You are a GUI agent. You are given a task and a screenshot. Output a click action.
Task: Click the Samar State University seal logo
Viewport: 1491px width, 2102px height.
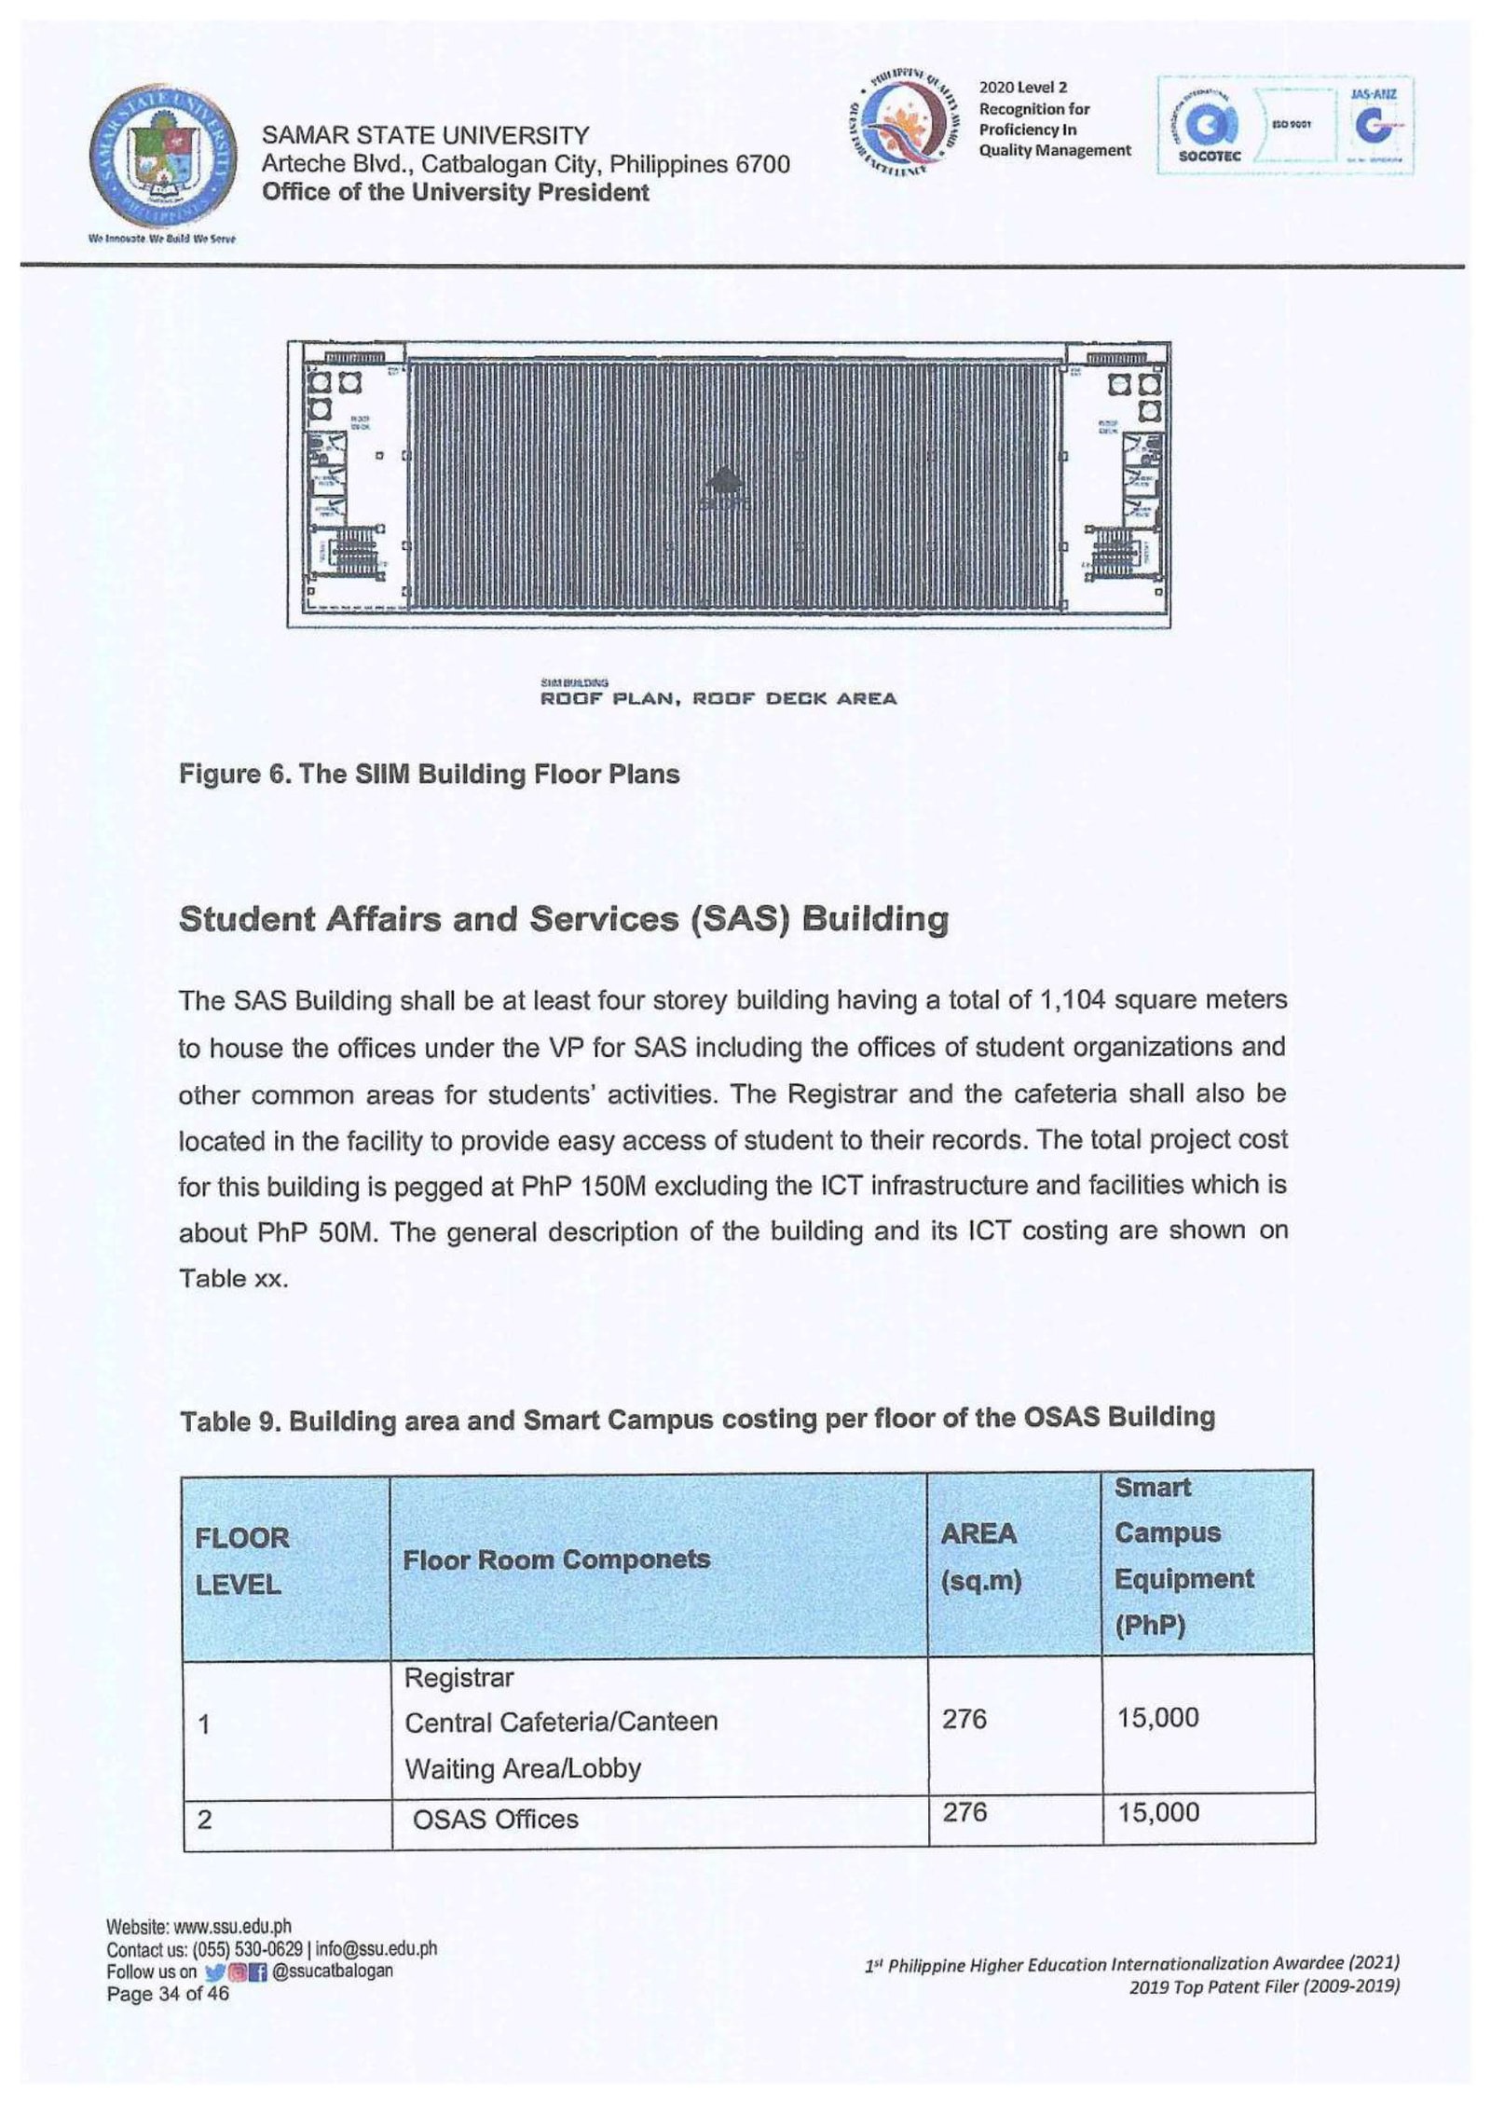pyautogui.click(x=163, y=154)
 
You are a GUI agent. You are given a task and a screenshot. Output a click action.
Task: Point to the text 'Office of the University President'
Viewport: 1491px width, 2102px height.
pyautogui.click(x=455, y=193)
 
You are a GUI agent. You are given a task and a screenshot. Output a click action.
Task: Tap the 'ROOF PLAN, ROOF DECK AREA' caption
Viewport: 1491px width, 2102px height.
pyautogui.click(x=718, y=698)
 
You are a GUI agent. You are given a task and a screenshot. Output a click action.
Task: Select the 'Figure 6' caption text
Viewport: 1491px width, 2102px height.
pyautogui.click(x=429, y=775)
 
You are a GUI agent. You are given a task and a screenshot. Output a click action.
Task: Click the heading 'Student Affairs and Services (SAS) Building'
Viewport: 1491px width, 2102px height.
pyautogui.click(x=563, y=919)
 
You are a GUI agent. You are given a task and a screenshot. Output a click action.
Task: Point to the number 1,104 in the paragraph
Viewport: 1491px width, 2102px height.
pyautogui.click(x=1070, y=1000)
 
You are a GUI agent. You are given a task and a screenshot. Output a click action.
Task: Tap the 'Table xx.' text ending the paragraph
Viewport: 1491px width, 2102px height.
pyautogui.click(x=233, y=1278)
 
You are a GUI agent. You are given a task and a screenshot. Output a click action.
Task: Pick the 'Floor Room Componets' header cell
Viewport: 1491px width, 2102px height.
pyautogui.click(x=556, y=1559)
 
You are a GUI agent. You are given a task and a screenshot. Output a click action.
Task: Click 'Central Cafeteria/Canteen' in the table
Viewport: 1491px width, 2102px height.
pyautogui.click(x=561, y=1722)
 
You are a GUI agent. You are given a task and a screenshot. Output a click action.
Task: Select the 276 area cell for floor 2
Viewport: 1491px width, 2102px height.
pyautogui.click(x=964, y=1813)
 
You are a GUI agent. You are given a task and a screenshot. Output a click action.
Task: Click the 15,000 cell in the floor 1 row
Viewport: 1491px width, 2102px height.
pyautogui.click(x=1157, y=1718)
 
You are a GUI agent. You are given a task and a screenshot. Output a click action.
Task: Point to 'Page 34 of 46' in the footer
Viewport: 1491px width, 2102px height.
pyautogui.click(x=168, y=1994)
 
